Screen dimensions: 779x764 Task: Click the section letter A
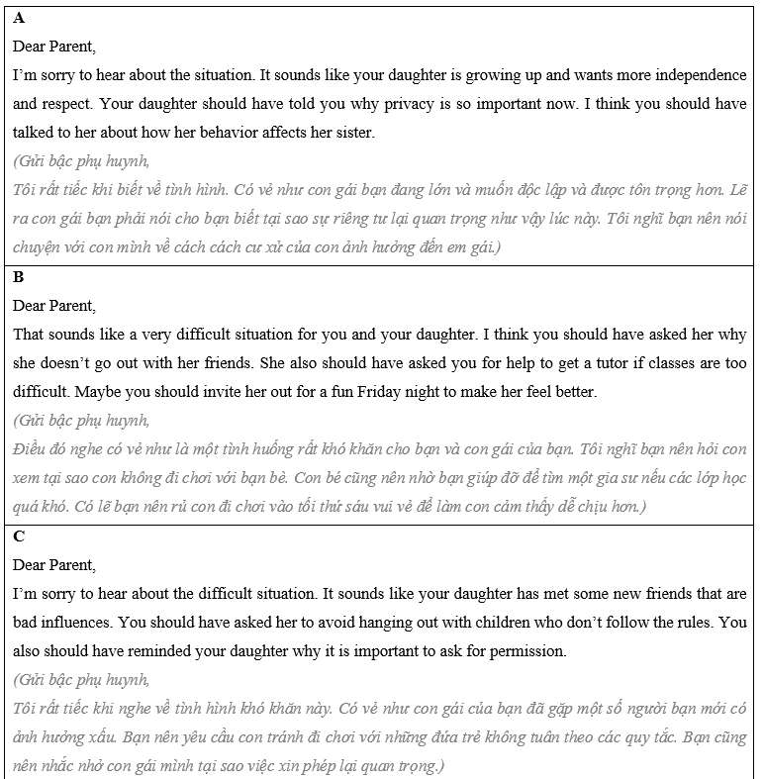click(x=19, y=18)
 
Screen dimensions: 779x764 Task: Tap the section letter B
click(x=19, y=277)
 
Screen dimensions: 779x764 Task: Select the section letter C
click(x=19, y=536)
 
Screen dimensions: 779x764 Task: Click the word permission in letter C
click(x=527, y=651)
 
